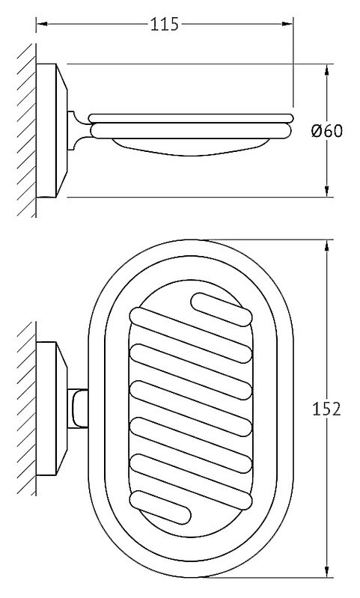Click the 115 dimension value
click(165, 25)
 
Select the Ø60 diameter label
click(327, 131)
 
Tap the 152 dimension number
click(326, 409)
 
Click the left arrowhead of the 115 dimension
click(42, 24)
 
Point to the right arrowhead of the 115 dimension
click(287, 24)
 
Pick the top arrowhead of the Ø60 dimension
click(327, 70)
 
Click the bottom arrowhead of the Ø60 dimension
click(327, 192)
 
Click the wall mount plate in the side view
click(52, 130)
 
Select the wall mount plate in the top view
click(52, 409)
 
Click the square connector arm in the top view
click(77, 409)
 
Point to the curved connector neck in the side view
click(79, 130)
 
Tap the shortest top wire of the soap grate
click(222, 310)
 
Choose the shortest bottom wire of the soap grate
click(160, 507)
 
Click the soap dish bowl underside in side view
click(191, 147)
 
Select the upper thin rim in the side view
click(191, 118)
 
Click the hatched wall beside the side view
click(27, 130)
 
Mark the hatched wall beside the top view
click(27, 409)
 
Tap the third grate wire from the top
click(191, 371)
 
